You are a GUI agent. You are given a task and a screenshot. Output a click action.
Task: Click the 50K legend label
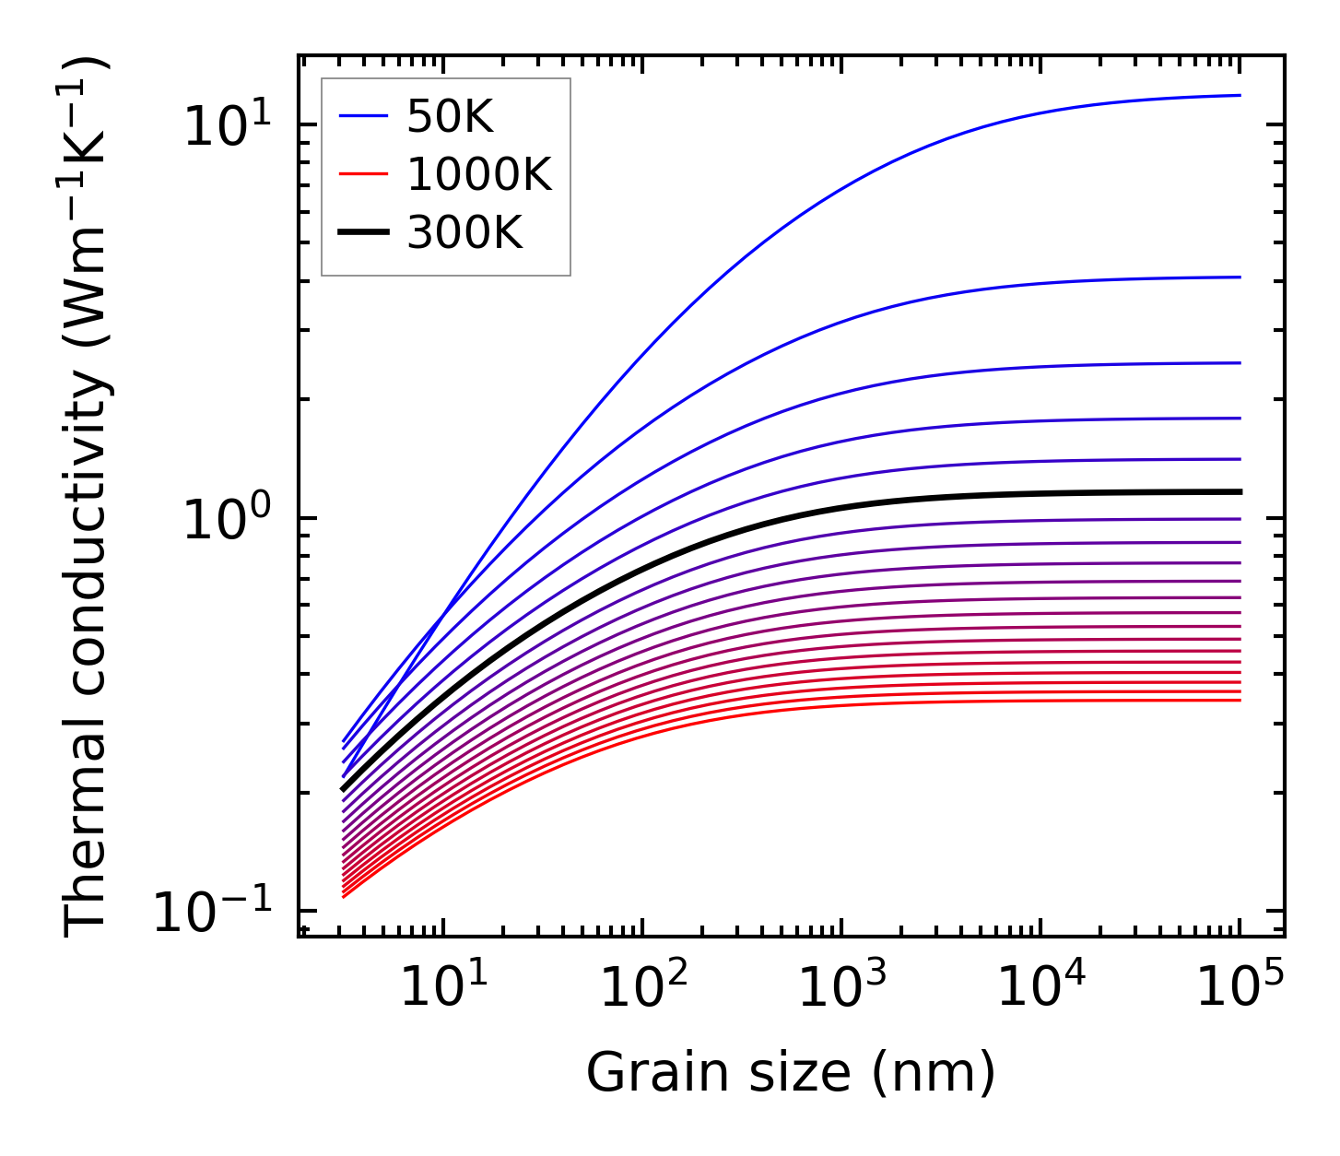tap(450, 117)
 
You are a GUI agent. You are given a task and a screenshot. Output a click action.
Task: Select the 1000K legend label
tap(478, 175)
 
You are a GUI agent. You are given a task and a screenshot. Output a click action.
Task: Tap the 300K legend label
tap(464, 234)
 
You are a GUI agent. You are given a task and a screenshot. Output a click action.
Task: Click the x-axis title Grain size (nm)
tap(791, 1074)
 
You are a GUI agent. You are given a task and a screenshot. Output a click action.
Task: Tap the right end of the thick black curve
tap(1240, 491)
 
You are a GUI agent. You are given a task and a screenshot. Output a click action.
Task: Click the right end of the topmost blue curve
tap(1240, 95)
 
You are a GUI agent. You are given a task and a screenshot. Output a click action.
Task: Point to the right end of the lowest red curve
tap(1240, 701)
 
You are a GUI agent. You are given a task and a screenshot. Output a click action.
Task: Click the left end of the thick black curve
tap(343, 789)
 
